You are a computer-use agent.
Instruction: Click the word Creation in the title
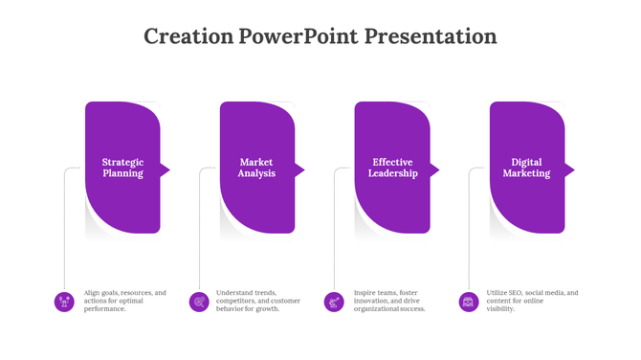pos(188,37)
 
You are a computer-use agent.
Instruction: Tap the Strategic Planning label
pos(122,169)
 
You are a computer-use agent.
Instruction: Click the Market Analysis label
pos(256,169)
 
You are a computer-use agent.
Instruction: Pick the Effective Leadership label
pos(392,169)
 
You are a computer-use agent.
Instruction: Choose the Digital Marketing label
pos(526,169)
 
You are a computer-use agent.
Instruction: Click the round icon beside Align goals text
pos(64,302)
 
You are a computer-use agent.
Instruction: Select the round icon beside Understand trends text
pos(199,302)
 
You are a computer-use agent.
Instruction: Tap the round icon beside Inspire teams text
pos(334,302)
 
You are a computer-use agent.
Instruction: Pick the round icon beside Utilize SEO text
pos(469,302)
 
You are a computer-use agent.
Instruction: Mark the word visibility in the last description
pos(502,309)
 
